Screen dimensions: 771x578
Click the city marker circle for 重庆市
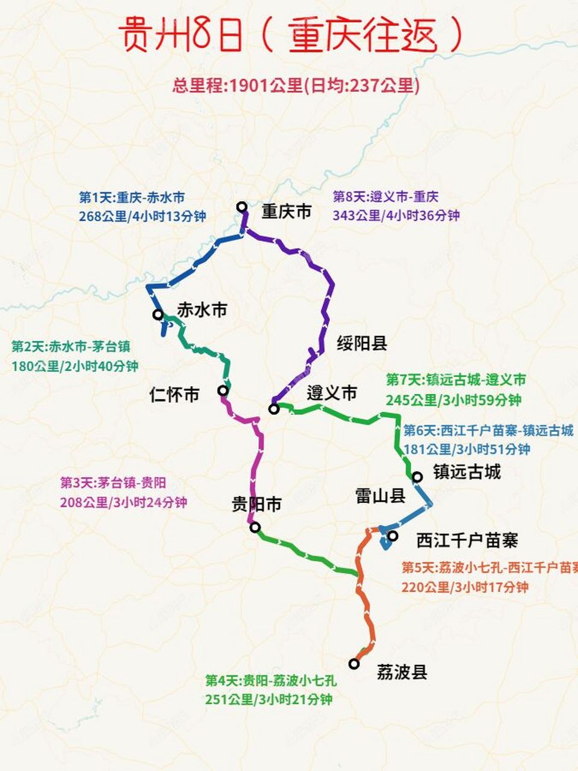click(x=242, y=207)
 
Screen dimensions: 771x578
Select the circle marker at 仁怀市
click(x=223, y=391)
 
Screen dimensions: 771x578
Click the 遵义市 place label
click(x=332, y=394)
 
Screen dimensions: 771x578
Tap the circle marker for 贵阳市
click(x=255, y=528)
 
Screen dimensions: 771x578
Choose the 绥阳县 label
click(x=362, y=343)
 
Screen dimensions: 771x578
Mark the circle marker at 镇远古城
click(x=417, y=477)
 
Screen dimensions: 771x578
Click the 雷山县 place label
click(x=381, y=496)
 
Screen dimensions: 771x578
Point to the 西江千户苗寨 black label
click(x=467, y=540)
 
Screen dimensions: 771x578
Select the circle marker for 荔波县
click(x=354, y=664)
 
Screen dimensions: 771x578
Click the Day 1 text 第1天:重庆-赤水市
click(x=132, y=198)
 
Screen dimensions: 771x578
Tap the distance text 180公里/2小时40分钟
click(x=75, y=366)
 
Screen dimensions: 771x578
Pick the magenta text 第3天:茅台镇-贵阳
click(x=113, y=483)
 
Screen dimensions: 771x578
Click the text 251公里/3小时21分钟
click(x=269, y=699)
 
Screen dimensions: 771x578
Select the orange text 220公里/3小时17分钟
click(x=465, y=587)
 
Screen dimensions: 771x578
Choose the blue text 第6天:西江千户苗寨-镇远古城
click(x=488, y=431)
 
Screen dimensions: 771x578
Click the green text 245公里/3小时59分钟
click(x=454, y=399)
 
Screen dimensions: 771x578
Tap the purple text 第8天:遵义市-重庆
click(x=386, y=197)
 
